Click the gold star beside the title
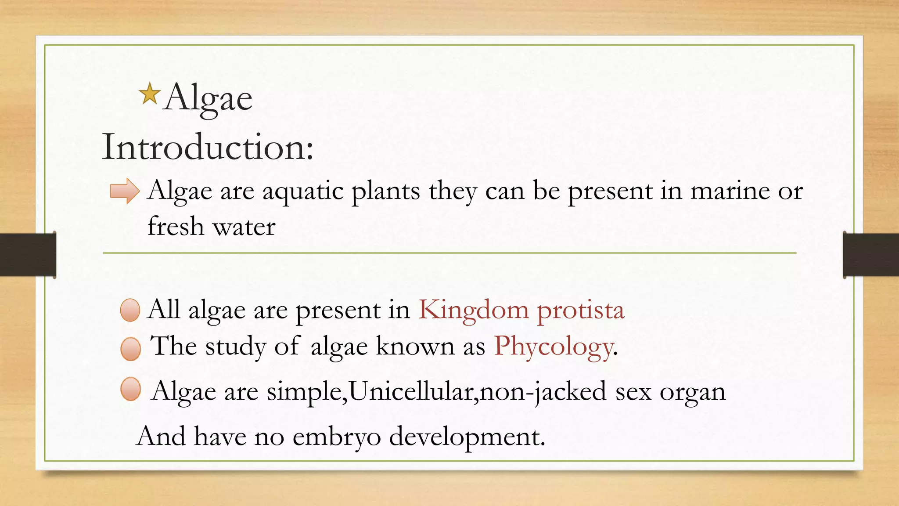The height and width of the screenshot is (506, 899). [149, 94]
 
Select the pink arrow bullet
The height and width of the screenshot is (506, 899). [125, 191]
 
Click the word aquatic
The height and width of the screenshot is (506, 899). [303, 192]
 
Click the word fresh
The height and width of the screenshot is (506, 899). [176, 227]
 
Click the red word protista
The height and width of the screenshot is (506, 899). [580, 311]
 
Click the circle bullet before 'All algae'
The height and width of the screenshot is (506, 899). [130, 310]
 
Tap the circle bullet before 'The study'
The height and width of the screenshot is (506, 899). [130, 349]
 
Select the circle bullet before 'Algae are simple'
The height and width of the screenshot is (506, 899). [130, 389]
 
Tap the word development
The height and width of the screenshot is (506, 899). [467, 437]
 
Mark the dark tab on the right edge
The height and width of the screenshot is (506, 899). [871, 255]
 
